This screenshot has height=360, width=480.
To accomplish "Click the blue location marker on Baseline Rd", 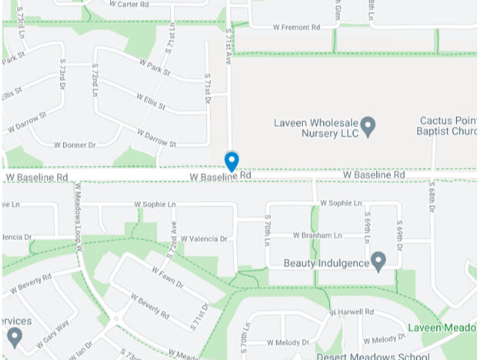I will click(231, 161).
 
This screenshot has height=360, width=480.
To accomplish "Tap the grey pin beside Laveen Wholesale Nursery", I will click(368, 125).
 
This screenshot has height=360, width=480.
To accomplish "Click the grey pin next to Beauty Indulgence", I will click(378, 262).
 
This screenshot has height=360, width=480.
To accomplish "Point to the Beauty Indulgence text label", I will click(326, 262).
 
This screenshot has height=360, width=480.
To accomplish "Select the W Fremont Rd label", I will click(296, 27).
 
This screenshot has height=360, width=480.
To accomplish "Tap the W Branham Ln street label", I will click(317, 235).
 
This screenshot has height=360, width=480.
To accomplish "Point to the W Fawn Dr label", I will click(167, 278).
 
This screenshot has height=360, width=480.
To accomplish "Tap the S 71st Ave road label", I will click(228, 42).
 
